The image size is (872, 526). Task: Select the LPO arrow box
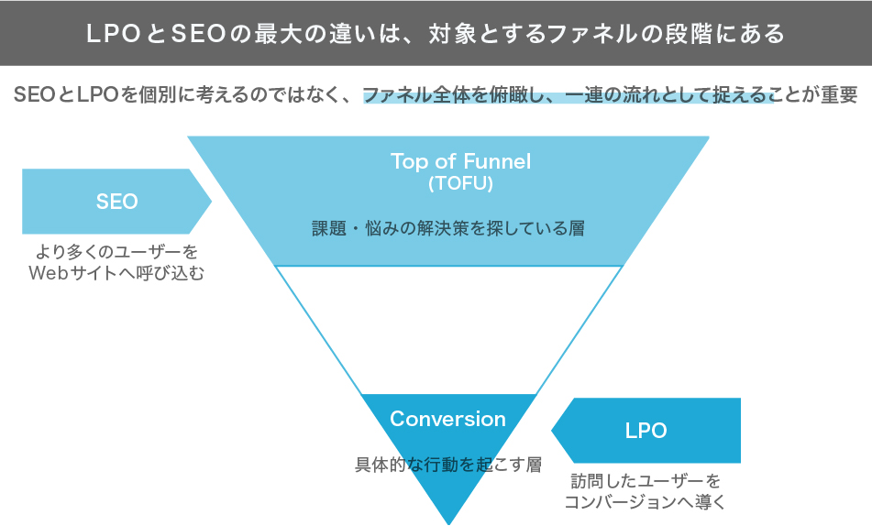click(x=646, y=430)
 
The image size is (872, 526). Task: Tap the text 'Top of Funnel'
click(x=460, y=161)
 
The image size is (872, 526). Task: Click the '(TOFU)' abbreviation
click(x=460, y=183)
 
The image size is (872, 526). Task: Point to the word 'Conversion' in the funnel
click(x=447, y=419)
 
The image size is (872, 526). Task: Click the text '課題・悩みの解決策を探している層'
click(x=448, y=228)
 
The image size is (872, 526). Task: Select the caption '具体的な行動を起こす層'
click(x=448, y=465)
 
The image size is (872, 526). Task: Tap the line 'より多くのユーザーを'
click(x=116, y=251)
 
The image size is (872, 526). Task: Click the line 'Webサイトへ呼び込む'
click(x=116, y=273)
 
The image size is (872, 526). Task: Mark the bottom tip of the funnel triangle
click(x=448, y=521)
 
